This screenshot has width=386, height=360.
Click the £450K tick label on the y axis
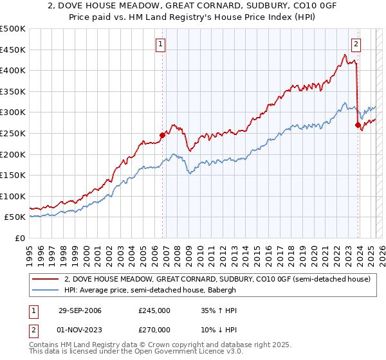(13, 50)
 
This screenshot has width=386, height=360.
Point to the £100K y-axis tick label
(13, 196)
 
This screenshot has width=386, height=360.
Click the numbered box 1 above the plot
(160, 44)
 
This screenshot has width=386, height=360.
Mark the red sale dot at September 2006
(162, 135)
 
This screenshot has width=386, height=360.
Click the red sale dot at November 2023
(358, 125)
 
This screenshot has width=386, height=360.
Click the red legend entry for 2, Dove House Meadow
(217, 279)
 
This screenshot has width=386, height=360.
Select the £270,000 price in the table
(154, 330)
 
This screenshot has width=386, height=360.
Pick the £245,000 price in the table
(154, 310)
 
